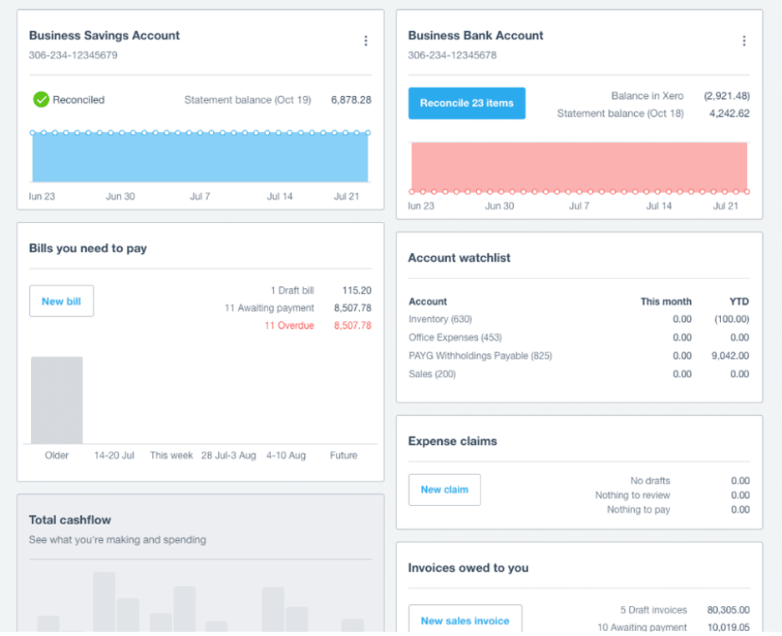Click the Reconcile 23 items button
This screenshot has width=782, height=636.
pyautogui.click(x=466, y=103)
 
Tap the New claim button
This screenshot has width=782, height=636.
pyautogui.click(x=444, y=490)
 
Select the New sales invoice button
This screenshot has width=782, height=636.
pyautogui.click(x=465, y=620)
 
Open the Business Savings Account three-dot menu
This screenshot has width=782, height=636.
pyautogui.click(x=365, y=41)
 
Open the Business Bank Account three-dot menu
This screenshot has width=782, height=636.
pyautogui.click(x=744, y=41)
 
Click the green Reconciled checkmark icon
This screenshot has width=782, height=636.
pyautogui.click(x=41, y=99)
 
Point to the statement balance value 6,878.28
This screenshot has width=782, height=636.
pyautogui.click(x=351, y=100)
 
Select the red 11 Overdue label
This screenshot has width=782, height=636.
pyautogui.click(x=289, y=326)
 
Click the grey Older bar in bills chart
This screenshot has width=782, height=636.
pyautogui.click(x=57, y=401)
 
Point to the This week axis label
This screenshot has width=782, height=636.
pyautogui.click(x=171, y=456)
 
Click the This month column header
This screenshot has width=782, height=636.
pyautogui.click(x=666, y=301)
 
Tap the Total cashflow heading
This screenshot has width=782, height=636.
pyautogui.click(x=70, y=520)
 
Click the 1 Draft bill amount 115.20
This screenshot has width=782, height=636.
pyautogui.click(x=357, y=290)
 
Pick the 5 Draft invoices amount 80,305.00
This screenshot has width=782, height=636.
pyautogui.click(x=727, y=610)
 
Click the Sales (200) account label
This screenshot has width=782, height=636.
pyautogui.click(x=432, y=374)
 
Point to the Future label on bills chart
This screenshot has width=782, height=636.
pyautogui.click(x=343, y=456)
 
